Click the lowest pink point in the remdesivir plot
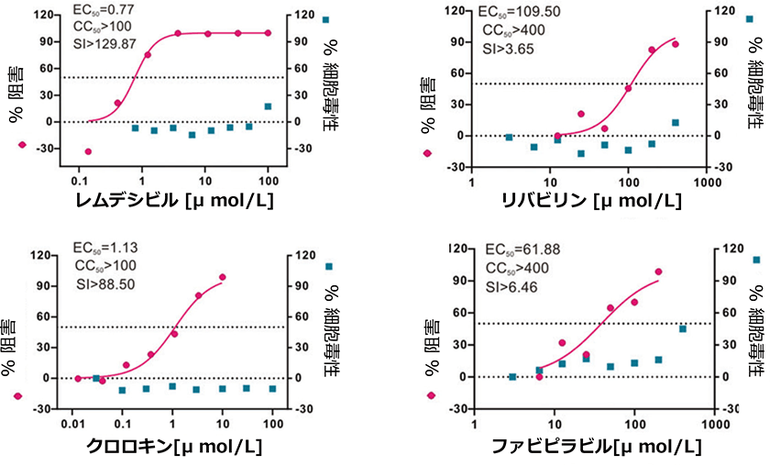pyautogui.click(x=89, y=151)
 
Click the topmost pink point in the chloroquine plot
pyautogui.click(x=222, y=277)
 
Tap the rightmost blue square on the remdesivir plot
pyautogui.click(x=269, y=106)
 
